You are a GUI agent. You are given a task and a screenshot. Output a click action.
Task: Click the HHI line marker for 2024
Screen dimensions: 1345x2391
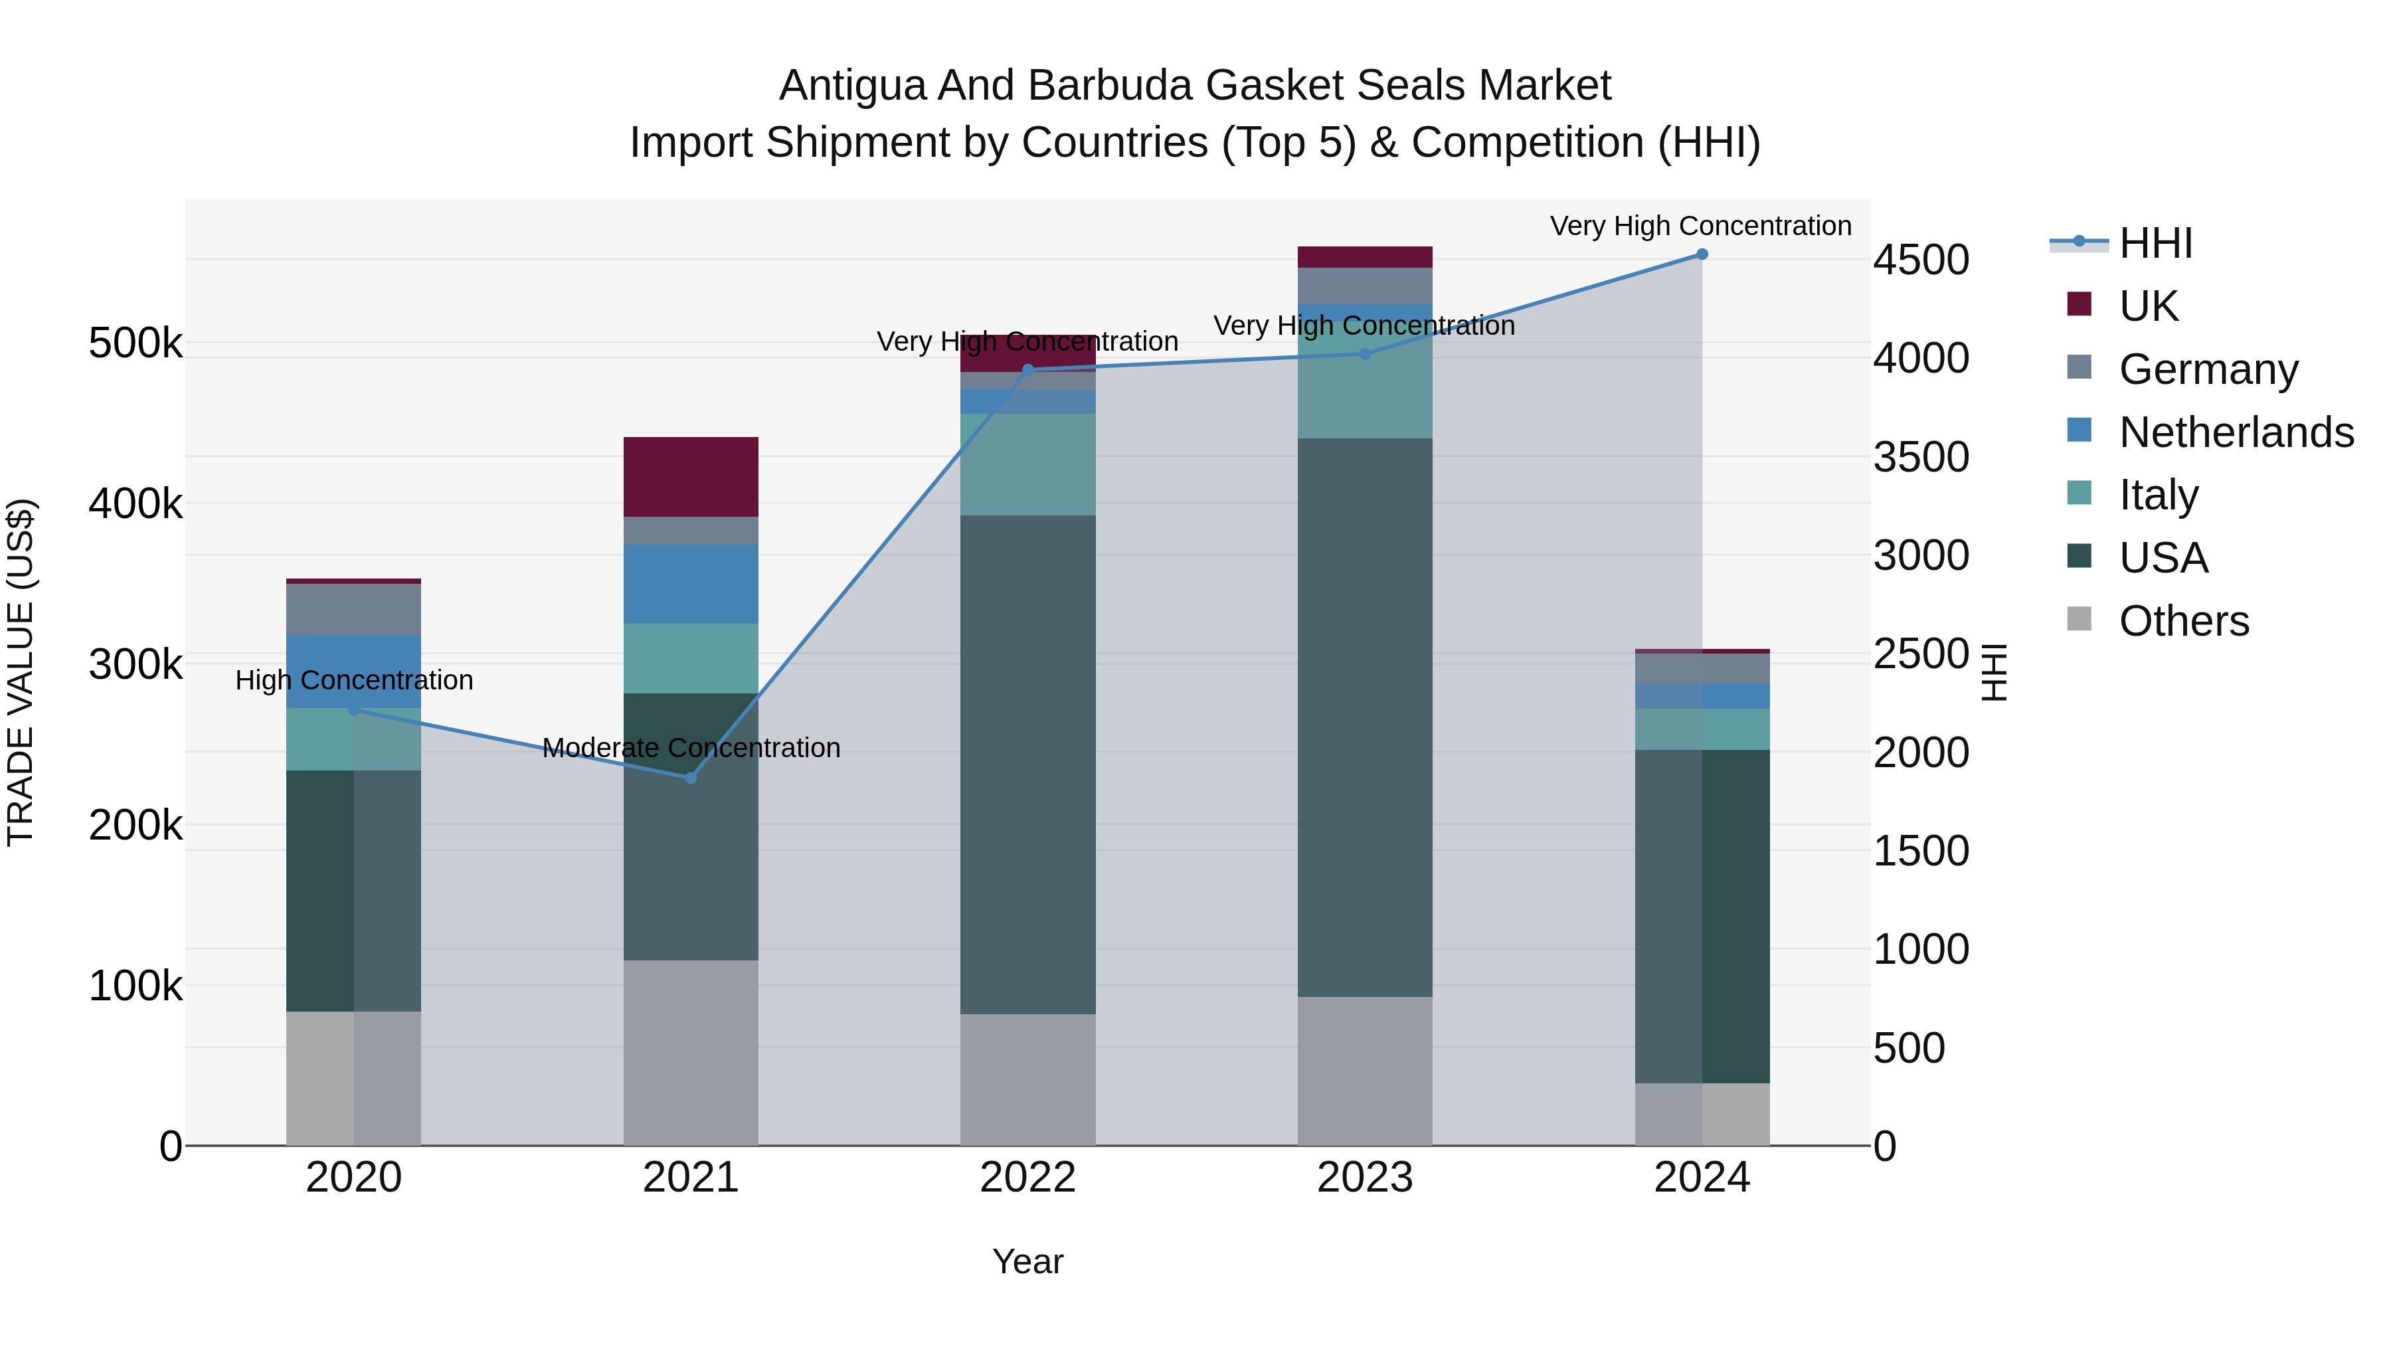pos(1702,254)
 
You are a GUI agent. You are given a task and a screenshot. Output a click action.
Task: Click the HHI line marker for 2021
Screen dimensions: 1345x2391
pos(691,778)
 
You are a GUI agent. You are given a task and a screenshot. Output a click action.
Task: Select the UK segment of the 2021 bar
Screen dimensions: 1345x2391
pos(691,476)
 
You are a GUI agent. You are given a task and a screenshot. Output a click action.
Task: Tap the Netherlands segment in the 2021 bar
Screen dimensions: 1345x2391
pos(691,584)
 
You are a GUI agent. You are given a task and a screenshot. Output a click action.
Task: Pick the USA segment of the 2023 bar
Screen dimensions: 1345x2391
pos(1364,717)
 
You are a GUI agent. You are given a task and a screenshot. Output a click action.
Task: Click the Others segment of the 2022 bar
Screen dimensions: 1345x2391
pos(1027,1079)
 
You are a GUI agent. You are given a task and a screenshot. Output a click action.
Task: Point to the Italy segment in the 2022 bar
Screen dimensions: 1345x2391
pos(1027,464)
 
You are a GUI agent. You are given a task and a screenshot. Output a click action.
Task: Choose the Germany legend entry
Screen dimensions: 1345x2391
pos(2208,369)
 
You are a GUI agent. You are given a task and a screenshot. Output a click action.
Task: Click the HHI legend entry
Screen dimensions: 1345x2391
pos(2155,243)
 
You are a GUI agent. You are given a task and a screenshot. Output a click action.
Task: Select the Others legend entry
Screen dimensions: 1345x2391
pos(2183,621)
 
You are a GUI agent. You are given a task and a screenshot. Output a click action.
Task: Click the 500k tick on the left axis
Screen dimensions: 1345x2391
pos(135,343)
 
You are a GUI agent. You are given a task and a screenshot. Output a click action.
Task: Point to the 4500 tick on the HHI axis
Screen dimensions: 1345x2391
pos(1920,260)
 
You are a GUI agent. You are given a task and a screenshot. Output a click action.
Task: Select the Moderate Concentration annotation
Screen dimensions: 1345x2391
pos(691,748)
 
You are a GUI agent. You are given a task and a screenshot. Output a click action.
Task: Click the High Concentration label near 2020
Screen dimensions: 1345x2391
pos(353,680)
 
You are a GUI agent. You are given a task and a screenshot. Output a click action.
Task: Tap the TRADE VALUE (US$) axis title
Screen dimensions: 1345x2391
pos(21,672)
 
